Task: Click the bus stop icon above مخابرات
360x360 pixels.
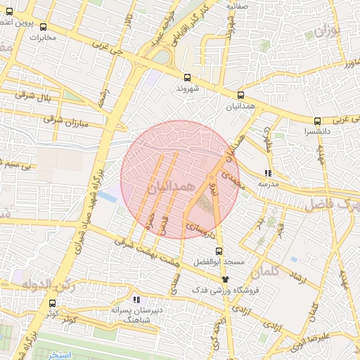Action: (43, 27)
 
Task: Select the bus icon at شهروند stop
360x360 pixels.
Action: (187, 78)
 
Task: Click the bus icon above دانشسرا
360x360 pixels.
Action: (318, 121)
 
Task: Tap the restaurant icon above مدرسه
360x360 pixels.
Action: (268, 172)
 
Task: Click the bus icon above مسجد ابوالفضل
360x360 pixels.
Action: (219, 250)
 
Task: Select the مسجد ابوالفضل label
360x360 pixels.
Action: (223, 262)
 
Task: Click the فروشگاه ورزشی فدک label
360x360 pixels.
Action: (227, 290)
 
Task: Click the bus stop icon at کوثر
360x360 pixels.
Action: (53, 303)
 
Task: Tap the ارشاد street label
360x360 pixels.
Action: (299, 276)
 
